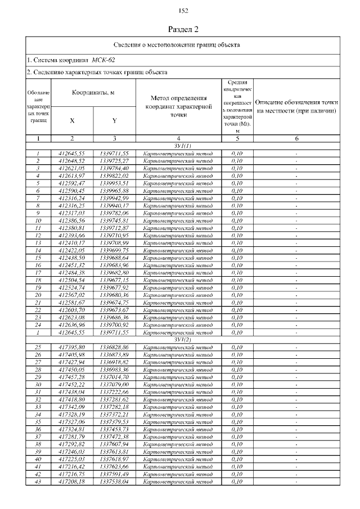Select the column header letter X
[72, 120]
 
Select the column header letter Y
[114, 120]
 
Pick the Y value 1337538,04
[114, 481]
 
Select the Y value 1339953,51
[114, 183]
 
